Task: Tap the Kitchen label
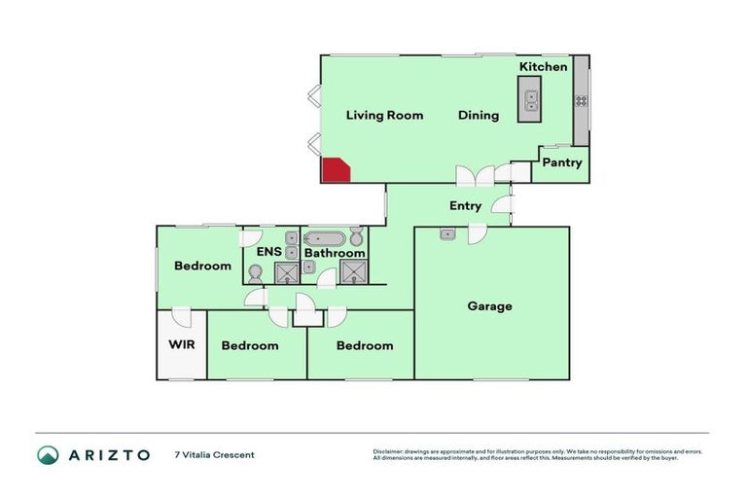543,66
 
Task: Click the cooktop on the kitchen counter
582,99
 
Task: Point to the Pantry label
562,162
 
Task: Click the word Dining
479,115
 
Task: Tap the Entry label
465,206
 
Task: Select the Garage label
489,306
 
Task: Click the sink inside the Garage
446,233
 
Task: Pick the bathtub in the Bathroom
324,238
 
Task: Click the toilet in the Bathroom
356,237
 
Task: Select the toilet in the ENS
256,273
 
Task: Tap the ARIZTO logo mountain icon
48,454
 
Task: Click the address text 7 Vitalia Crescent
214,454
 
